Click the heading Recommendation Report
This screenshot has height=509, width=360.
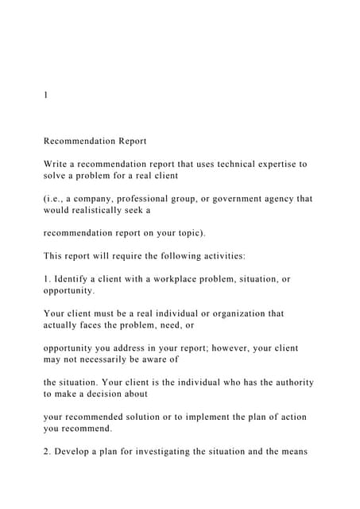95,142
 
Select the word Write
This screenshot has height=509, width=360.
57,164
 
